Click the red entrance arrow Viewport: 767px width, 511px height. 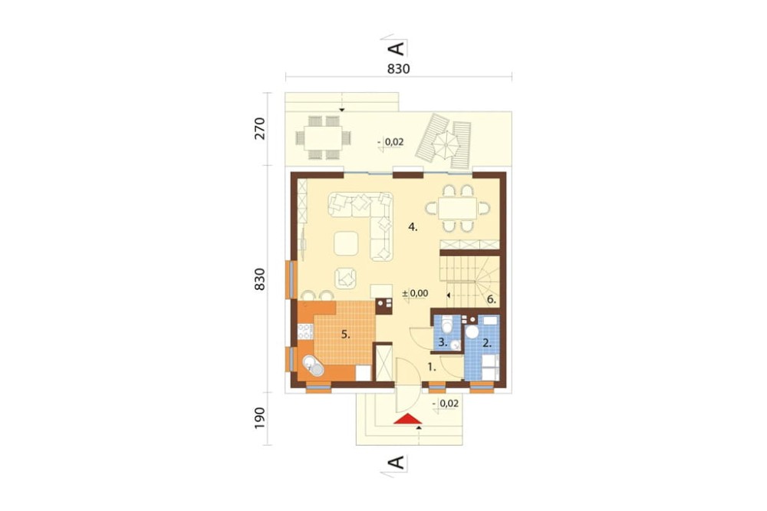(x=407, y=419)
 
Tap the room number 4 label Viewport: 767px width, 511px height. (x=413, y=227)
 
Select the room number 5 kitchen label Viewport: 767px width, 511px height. (x=346, y=335)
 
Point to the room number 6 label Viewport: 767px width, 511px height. (x=492, y=300)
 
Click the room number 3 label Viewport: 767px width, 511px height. (x=443, y=343)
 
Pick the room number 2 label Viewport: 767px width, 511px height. (x=487, y=343)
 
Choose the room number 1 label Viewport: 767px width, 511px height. (x=431, y=367)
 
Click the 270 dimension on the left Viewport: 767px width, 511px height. (x=260, y=129)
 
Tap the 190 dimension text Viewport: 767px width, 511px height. (x=260, y=418)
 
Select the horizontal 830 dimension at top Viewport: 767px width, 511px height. (x=399, y=69)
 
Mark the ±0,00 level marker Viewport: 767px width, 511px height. (x=415, y=294)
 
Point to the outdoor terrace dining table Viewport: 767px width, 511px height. (x=322, y=137)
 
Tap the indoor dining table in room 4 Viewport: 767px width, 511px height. (x=457, y=209)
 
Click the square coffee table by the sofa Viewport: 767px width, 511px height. (x=347, y=243)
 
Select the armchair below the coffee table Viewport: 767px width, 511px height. (x=346, y=278)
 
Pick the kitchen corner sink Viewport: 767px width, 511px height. (x=313, y=366)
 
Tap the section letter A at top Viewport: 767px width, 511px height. (x=397, y=48)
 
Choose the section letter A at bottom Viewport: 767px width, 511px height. (x=397, y=462)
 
